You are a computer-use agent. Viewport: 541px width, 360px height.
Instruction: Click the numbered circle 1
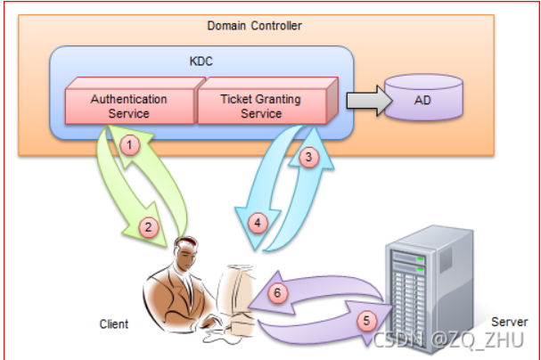point(130,143)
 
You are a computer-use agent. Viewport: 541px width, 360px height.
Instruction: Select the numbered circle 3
point(307,159)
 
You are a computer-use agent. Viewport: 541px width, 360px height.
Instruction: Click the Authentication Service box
point(129,106)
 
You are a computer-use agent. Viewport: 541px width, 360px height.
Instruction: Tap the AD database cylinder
point(423,100)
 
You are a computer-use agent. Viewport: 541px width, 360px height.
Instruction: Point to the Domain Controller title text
point(254,26)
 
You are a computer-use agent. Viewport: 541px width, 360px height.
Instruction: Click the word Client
point(113,324)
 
